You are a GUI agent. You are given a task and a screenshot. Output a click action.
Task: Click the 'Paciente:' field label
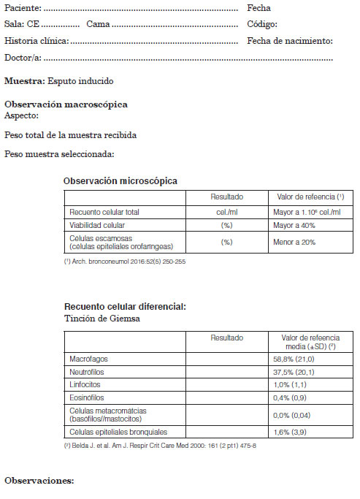[23, 8]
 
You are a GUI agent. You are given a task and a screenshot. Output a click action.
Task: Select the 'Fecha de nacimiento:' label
[290, 41]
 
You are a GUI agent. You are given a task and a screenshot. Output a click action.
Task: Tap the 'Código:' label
[262, 24]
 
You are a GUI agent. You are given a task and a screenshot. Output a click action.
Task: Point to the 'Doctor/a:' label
[23, 58]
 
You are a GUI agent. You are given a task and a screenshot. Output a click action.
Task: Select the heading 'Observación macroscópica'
[66, 104]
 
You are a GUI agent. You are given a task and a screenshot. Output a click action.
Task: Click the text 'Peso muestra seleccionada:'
[59, 154]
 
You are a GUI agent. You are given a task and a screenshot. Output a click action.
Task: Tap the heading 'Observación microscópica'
[120, 180]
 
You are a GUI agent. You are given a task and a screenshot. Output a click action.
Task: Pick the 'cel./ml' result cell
[226, 212]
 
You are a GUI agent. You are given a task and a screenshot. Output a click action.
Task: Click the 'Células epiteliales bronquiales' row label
[118, 432]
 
